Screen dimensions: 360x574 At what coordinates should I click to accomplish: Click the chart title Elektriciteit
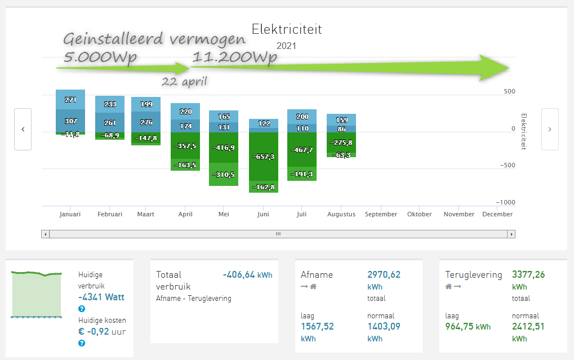[287, 29]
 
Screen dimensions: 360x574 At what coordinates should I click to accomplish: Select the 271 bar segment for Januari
[70, 100]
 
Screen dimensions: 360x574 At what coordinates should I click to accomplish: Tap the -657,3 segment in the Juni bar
[263, 156]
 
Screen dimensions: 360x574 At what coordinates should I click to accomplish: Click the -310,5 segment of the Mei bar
[224, 175]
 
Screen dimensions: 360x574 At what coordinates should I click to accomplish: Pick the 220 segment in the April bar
[185, 112]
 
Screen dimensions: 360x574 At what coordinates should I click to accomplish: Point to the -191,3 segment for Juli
[301, 175]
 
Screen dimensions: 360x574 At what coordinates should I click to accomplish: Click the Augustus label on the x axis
[341, 214]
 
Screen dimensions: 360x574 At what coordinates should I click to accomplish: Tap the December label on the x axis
[497, 214]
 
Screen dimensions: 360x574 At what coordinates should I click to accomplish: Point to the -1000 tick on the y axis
[505, 202]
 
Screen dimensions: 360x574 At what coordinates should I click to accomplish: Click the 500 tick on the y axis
[509, 92]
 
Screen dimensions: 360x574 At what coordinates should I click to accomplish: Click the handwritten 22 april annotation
[184, 81]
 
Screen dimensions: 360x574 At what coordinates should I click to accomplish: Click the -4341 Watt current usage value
[101, 297]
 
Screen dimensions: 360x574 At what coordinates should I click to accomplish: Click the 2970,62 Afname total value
[384, 275]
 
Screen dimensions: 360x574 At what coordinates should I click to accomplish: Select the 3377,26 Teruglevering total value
[528, 275]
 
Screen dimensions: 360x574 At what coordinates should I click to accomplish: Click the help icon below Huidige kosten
[82, 343]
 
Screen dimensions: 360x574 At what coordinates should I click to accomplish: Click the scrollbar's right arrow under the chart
[511, 234]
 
